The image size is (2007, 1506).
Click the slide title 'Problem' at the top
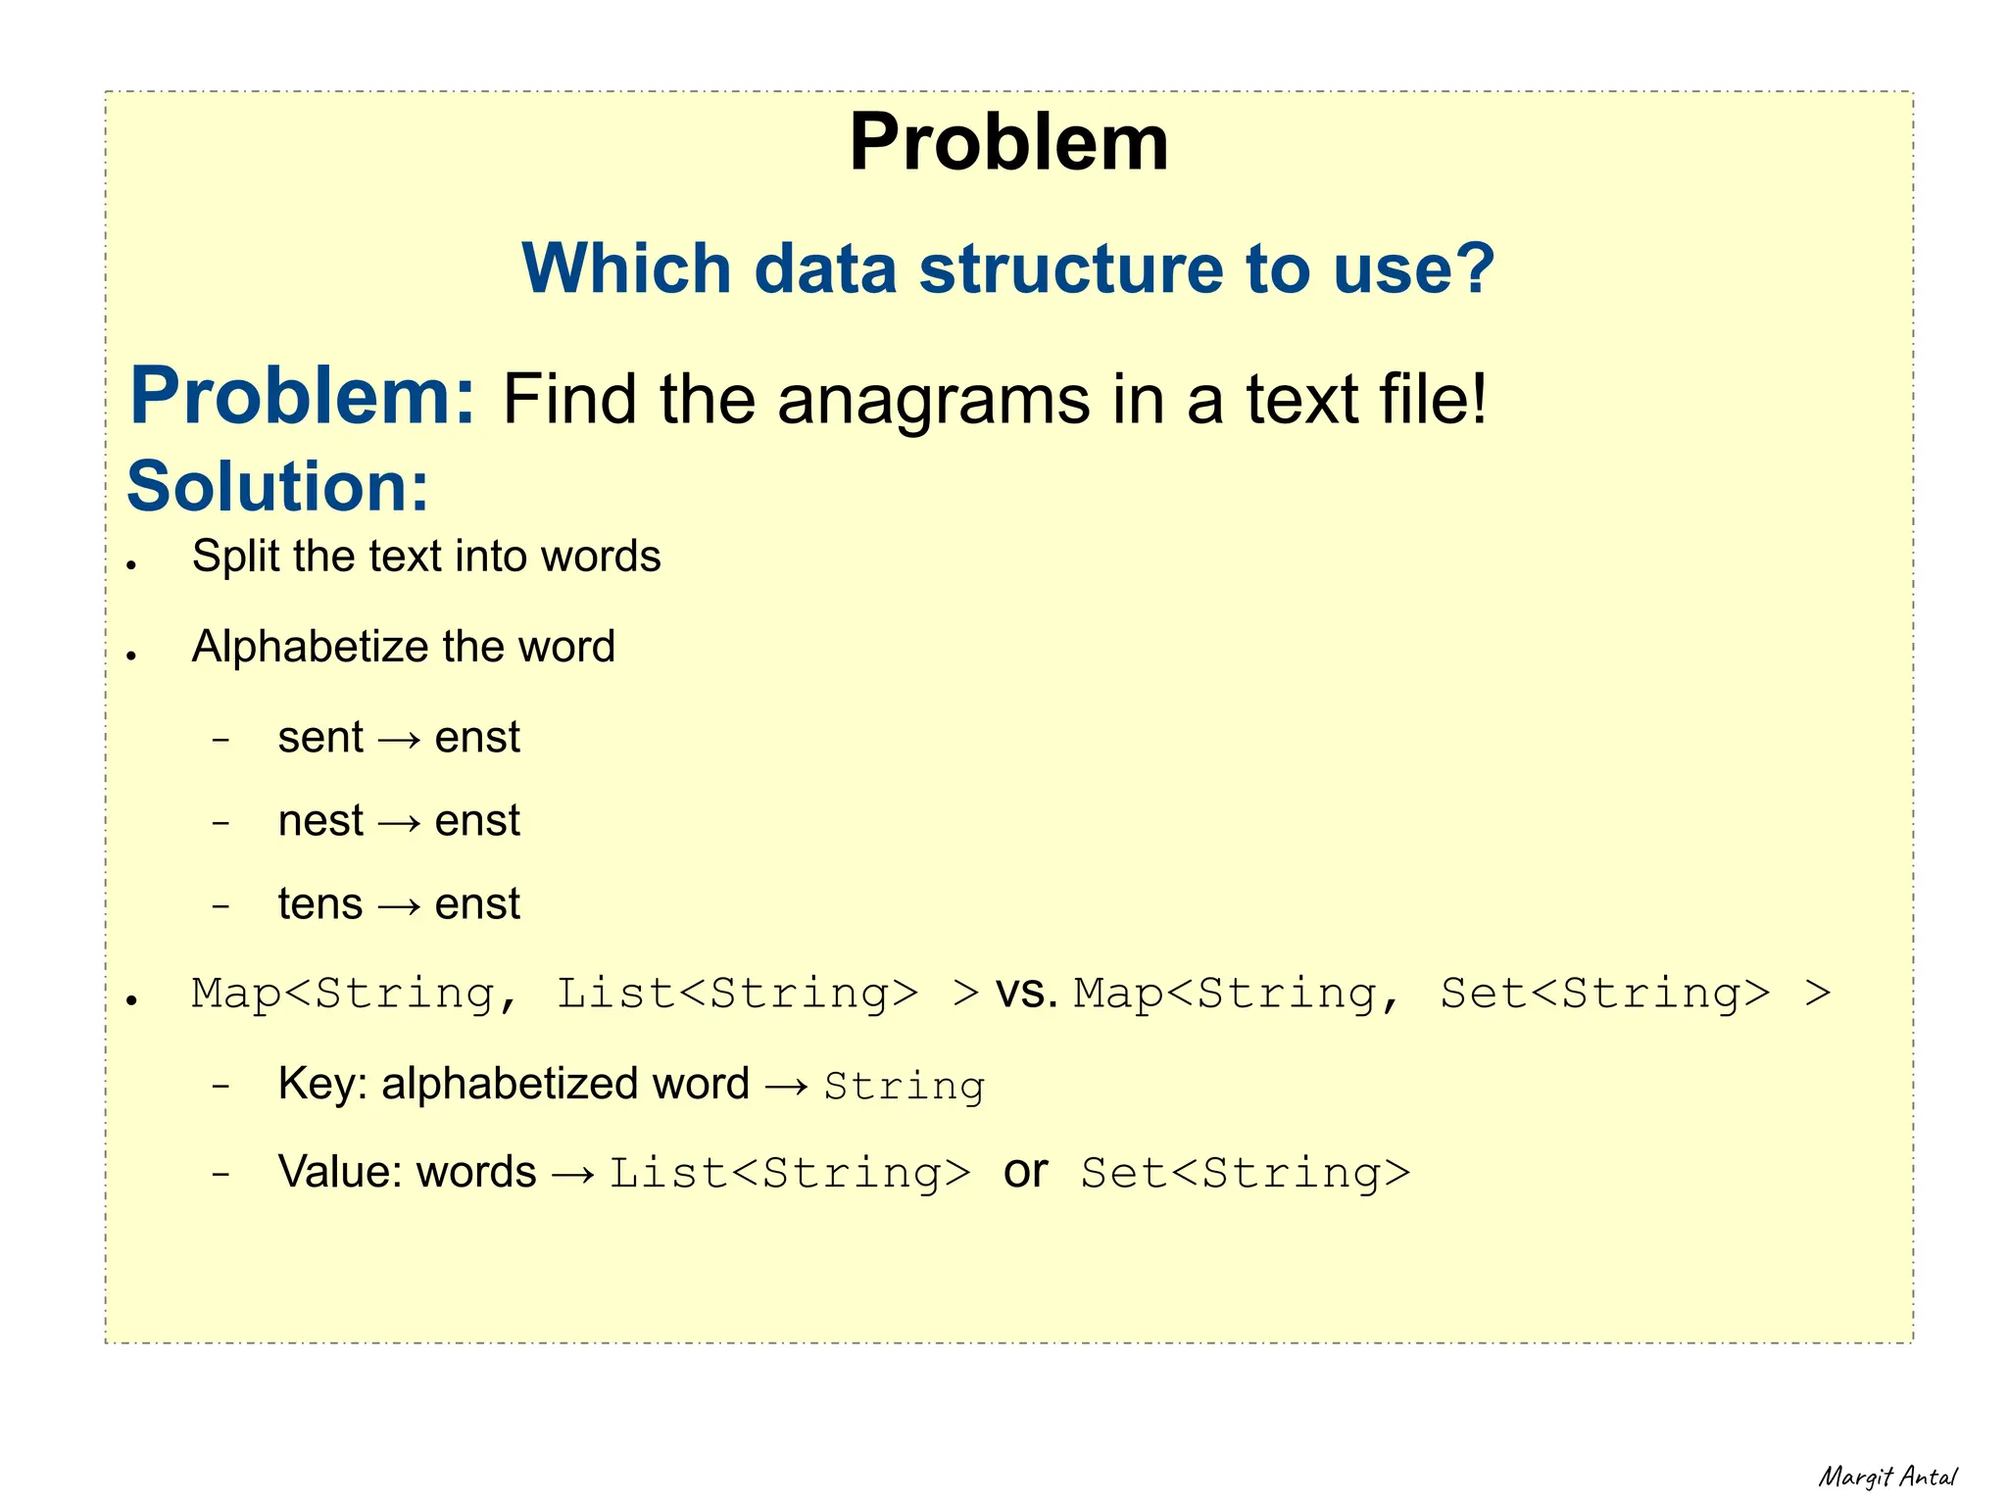pos(1008,142)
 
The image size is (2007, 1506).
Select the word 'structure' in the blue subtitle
pos(1069,268)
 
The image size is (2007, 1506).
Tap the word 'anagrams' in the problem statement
pos(933,400)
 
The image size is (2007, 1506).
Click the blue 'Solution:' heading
pos(278,486)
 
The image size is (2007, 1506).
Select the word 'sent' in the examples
pos(320,738)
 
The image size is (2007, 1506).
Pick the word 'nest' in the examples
pos(320,821)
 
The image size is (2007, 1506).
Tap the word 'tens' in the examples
pos(320,904)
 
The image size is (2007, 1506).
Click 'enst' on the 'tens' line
pos(477,904)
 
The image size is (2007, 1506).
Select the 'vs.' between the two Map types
pos(1026,995)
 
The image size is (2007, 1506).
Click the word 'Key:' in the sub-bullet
pos(322,1085)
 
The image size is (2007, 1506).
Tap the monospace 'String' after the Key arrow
pos(904,1087)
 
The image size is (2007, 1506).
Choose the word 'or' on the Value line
pos(1025,1172)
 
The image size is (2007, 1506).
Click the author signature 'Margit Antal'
pos(1887,1477)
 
